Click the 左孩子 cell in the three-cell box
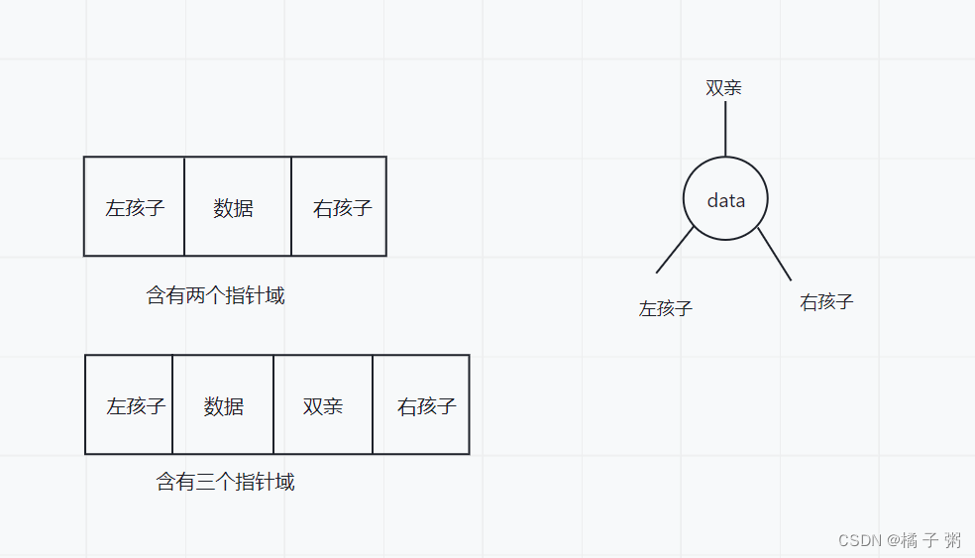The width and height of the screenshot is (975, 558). [135, 207]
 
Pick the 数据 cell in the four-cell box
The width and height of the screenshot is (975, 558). [223, 405]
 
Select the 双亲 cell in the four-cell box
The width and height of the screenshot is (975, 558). [323, 405]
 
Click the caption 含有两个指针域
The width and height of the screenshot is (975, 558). [215, 295]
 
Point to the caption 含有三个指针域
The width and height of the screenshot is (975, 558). [225, 483]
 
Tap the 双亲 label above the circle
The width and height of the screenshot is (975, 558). [723, 87]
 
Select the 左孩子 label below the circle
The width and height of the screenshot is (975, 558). [665, 308]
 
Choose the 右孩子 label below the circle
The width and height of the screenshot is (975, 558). [826, 302]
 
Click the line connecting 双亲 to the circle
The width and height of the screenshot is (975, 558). [725, 129]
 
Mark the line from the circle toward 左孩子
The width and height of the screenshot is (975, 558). [675, 250]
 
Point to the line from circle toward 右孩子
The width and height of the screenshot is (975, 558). [775, 254]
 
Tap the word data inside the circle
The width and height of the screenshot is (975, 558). [725, 200]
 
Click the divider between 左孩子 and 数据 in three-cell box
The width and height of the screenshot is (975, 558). [184, 207]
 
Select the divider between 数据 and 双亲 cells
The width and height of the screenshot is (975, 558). [273, 405]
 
